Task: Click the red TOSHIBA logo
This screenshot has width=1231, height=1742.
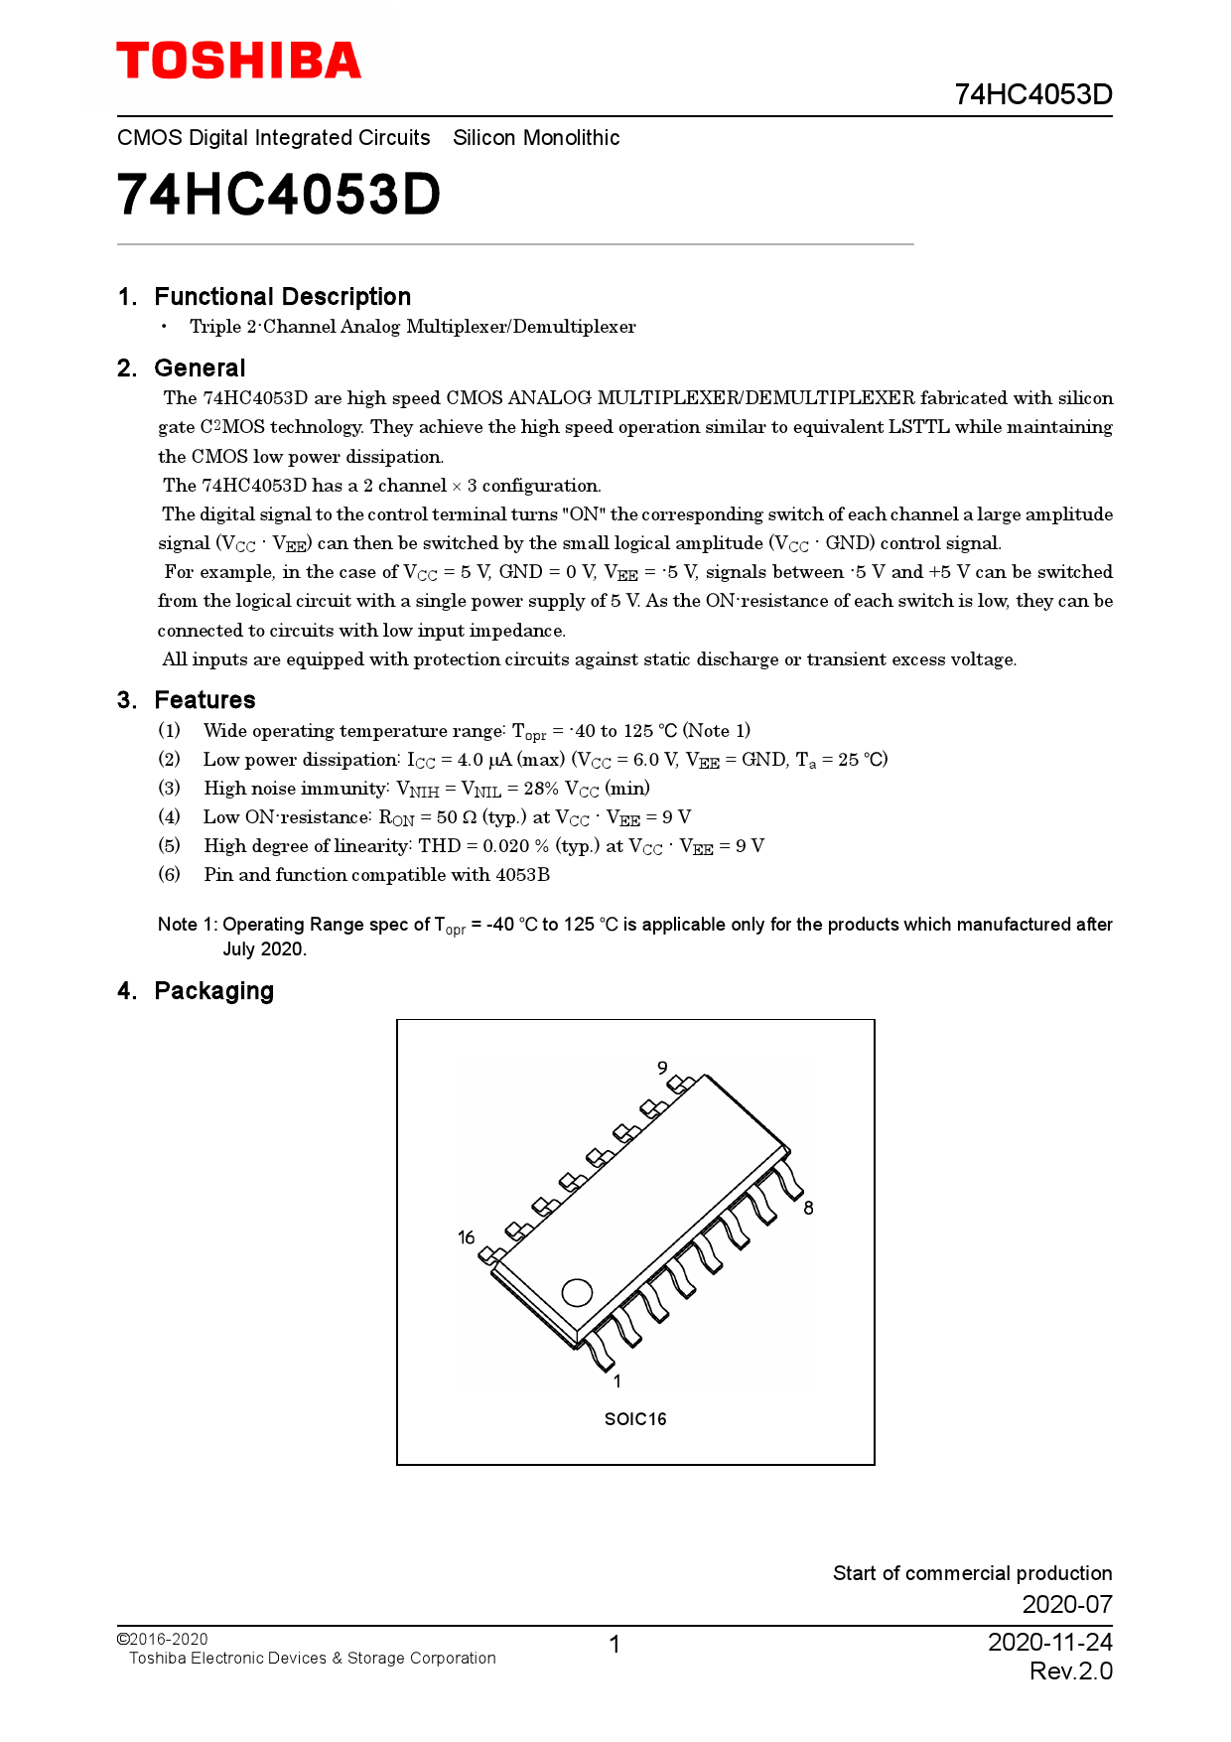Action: [238, 61]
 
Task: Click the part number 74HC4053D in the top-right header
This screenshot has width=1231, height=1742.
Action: [1032, 94]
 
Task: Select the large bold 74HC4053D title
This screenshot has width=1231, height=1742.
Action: [279, 195]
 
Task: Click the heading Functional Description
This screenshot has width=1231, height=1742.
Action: [282, 297]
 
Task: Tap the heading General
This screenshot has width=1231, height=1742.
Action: [200, 368]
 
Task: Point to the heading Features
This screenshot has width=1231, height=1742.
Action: [205, 700]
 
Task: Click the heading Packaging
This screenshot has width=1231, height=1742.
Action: [213, 991]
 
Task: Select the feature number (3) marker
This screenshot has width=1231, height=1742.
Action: [170, 789]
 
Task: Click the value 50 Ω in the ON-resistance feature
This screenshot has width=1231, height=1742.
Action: [456, 817]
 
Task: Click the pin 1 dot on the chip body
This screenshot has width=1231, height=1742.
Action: [577, 1292]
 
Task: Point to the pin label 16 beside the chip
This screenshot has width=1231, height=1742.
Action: [467, 1237]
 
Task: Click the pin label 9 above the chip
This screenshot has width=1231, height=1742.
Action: [662, 1068]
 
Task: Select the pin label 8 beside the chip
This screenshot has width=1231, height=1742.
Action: [808, 1208]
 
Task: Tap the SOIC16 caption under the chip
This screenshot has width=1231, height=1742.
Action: [635, 1419]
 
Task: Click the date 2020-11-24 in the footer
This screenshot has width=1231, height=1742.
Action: [1049, 1642]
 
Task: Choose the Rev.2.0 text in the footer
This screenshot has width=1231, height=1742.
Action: [1070, 1671]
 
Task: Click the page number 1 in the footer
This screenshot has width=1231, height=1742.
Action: [615, 1645]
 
